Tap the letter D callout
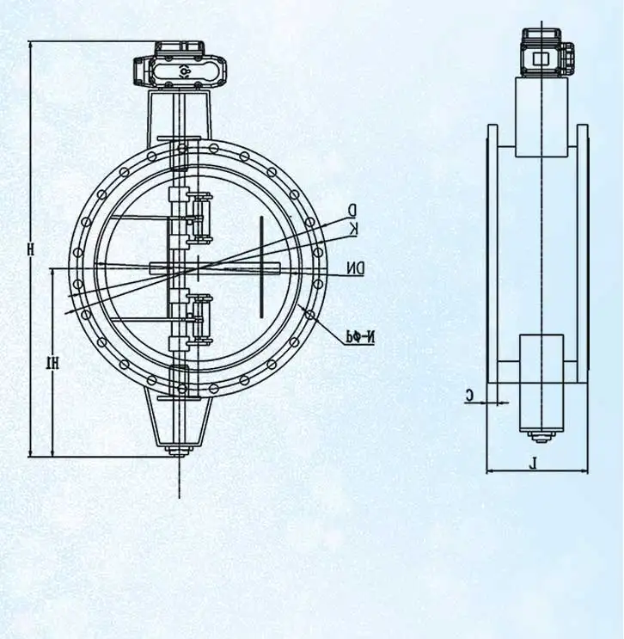[x=352, y=209]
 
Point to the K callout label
[x=352, y=227]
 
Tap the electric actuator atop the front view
[x=182, y=68]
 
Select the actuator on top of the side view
[x=541, y=53]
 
